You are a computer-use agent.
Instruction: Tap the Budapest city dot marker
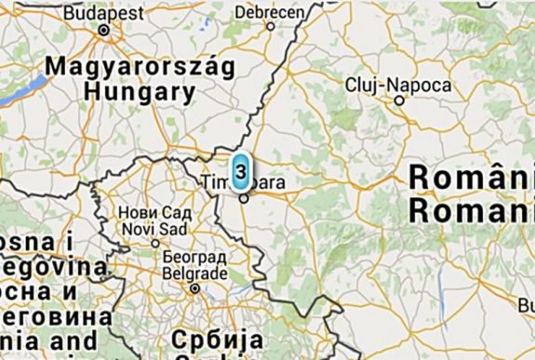[104, 30]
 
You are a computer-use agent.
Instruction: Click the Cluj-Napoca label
[397, 86]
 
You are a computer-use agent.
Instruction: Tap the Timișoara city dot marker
[243, 197]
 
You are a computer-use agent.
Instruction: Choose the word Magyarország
[122, 68]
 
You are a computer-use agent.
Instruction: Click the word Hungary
[140, 92]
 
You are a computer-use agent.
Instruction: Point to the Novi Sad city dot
[155, 244]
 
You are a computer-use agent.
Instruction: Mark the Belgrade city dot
[194, 288]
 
